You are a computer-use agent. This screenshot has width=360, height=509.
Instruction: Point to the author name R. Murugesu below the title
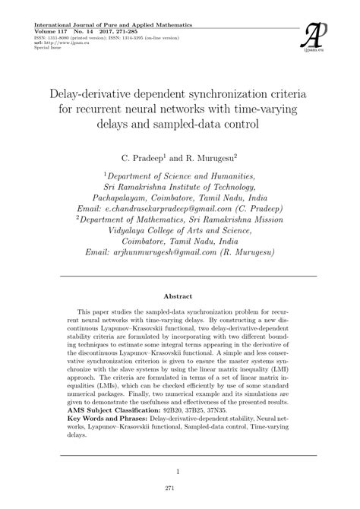pyautogui.click(x=216, y=159)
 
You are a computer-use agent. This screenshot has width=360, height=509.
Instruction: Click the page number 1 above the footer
pyautogui.click(x=180, y=471)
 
